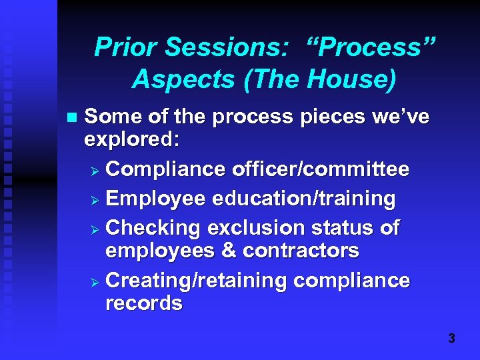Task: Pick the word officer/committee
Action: pos(321,170)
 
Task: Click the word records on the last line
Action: pos(143,304)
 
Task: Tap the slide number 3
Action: pos(451,339)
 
